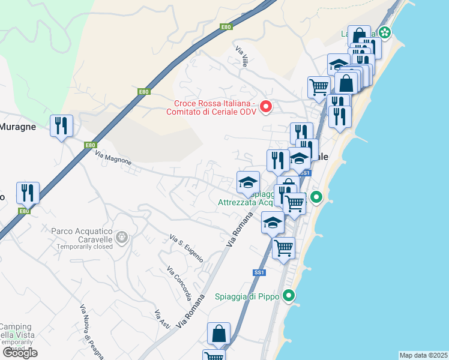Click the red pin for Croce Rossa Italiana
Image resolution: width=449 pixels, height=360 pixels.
tap(265, 107)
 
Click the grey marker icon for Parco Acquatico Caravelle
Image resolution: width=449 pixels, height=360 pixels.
tap(122, 238)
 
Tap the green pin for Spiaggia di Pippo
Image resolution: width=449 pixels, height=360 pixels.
tap(289, 295)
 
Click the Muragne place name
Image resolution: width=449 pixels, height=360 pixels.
tap(18, 127)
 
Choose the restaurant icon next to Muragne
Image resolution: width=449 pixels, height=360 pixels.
tap(62, 126)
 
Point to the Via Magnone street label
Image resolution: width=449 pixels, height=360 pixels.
tap(113, 159)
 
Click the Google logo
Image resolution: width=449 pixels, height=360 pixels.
tap(20, 353)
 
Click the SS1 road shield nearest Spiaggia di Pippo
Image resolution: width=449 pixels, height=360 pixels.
tap(259, 272)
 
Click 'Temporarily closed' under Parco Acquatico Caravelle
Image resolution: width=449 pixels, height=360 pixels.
tap(84, 247)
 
